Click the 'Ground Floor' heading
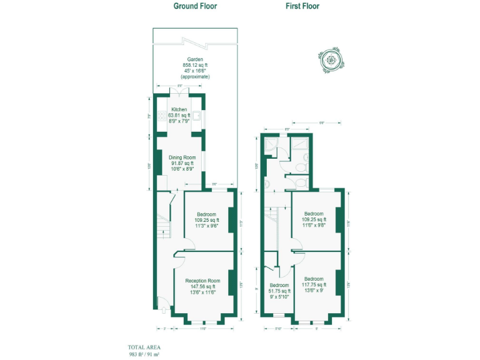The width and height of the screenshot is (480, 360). pyautogui.click(x=196, y=6)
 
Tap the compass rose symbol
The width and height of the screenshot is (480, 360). pyautogui.click(x=330, y=61)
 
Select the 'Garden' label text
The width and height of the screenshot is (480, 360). pyautogui.click(x=195, y=60)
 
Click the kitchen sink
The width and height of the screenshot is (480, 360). pyautogui.click(x=196, y=116)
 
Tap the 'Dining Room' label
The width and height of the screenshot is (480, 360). pyautogui.click(x=182, y=157)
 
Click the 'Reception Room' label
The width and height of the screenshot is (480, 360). pyautogui.click(x=203, y=281)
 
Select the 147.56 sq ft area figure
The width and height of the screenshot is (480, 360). pyautogui.click(x=203, y=287)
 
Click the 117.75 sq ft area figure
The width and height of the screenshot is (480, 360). pyautogui.click(x=314, y=284)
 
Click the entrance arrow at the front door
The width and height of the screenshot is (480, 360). pyautogui.click(x=163, y=309)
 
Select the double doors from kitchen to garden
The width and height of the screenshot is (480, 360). pyautogui.click(x=179, y=92)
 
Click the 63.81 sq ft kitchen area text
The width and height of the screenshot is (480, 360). pyautogui.click(x=179, y=115)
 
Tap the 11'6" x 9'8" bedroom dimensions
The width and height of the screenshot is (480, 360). pyautogui.click(x=314, y=225)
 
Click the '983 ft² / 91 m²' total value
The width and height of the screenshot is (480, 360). pyautogui.click(x=144, y=354)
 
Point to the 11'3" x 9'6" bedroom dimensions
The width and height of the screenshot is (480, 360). pyautogui.click(x=206, y=225)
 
